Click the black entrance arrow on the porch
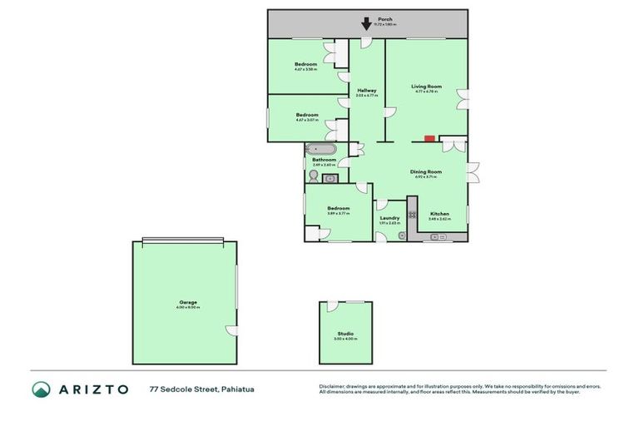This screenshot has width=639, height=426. (367, 24)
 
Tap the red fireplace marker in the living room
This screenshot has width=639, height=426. (429, 139)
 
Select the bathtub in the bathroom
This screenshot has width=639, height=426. (321, 150)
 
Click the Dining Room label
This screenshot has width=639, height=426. (424, 172)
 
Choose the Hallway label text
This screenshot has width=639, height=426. (367, 91)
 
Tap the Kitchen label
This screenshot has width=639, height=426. (439, 214)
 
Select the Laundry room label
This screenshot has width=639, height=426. (389, 218)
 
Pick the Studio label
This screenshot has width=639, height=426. (344, 334)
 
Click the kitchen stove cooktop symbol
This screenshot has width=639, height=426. (412, 214)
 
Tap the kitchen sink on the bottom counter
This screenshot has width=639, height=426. (438, 237)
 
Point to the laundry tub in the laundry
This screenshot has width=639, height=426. (401, 235)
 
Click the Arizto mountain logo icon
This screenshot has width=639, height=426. (42, 389)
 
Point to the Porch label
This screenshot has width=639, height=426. (385, 18)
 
